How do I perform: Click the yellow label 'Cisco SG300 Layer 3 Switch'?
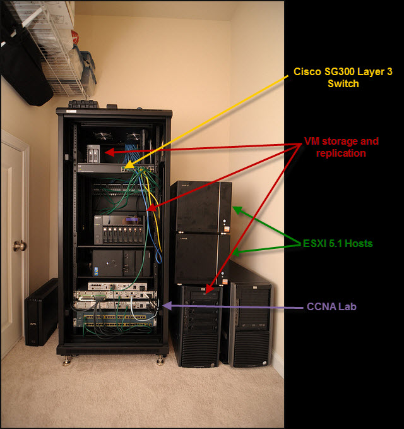click(x=335, y=77)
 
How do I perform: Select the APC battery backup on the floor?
click(x=42, y=312)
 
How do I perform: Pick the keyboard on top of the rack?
click(x=84, y=103)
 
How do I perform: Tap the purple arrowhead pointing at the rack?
click(x=165, y=306)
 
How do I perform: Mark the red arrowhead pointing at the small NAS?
click(x=107, y=152)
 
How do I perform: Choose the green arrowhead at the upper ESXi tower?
click(x=235, y=208)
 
